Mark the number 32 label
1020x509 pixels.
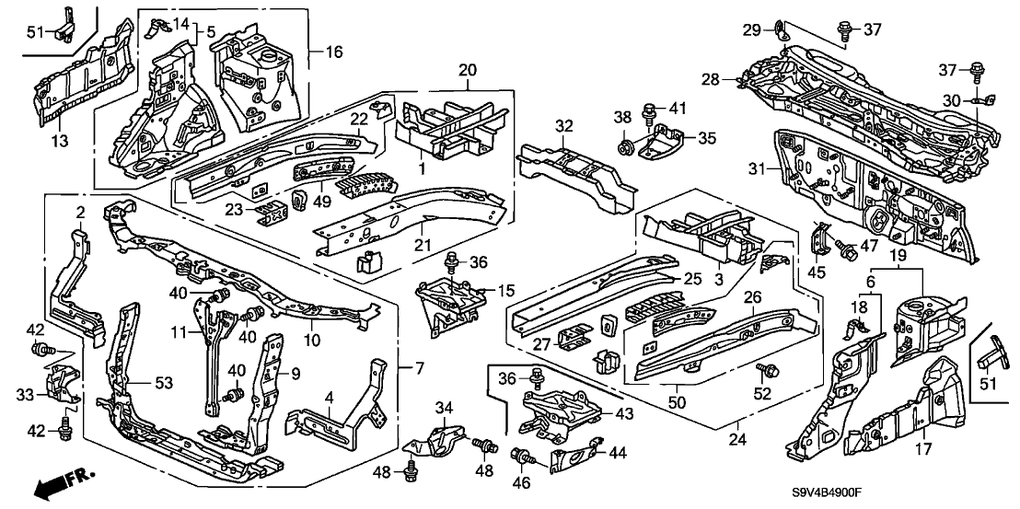pos(564,125)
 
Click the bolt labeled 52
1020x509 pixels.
pos(764,368)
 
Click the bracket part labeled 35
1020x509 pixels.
pos(663,141)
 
